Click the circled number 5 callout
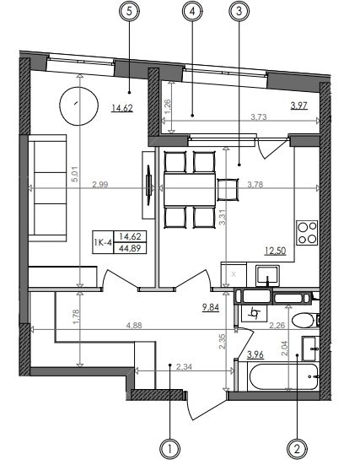click(x=129, y=11)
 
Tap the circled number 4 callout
click(x=192, y=11)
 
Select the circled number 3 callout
click(x=239, y=11)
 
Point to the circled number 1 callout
click(x=169, y=449)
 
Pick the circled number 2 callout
click(x=297, y=449)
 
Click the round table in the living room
click(x=78, y=106)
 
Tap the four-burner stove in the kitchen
click(x=307, y=233)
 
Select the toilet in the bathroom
click(x=304, y=321)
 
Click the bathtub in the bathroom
click(x=283, y=377)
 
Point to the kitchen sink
click(x=267, y=276)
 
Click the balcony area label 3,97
click(x=299, y=105)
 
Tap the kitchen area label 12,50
click(x=276, y=251)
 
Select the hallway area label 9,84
click(x=211, y=307)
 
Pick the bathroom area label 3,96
click(x=255, y=354)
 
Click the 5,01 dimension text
click(x=75, y=174)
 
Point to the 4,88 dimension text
click(x=134, y=325)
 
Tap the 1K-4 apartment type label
click(x=103, y=243)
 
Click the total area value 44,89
click(x=130, y=248)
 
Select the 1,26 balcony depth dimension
click(x=168, y=105)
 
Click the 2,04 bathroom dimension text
click(x=284, y=349)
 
